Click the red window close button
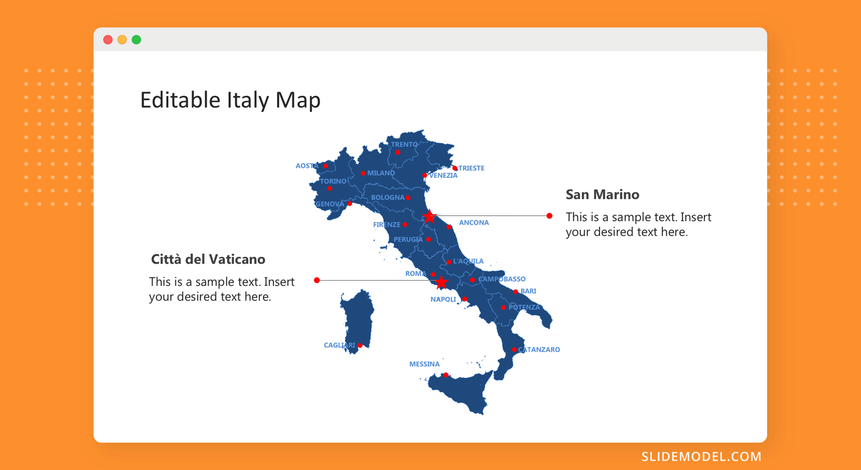(108, 40)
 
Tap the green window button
(137, 40)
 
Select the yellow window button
(122, 40)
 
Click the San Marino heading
(602, 194)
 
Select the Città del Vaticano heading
(208, 259)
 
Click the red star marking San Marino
(429, 216)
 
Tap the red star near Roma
(441, 282)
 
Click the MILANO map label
(381, 173)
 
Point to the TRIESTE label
(471, 168)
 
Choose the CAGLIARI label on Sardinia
(340, 345)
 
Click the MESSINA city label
(425, 364)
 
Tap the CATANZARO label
(539, 349)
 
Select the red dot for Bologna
(408, 198)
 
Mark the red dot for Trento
(398, 153)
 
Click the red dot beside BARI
(516, 292)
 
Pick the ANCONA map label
(474, 223)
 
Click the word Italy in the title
(247, 100)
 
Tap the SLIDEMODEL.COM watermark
(702, 457)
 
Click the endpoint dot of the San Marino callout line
(549, 216)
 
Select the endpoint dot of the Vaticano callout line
(317, 280)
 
